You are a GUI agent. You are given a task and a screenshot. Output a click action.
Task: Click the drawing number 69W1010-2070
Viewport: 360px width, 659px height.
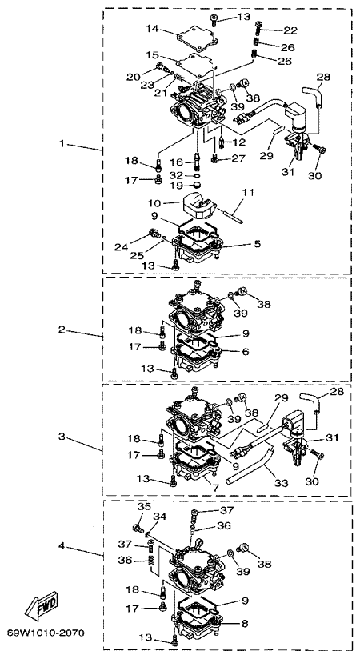click(46, 632)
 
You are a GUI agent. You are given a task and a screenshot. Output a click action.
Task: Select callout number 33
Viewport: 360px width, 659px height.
click(282, 483)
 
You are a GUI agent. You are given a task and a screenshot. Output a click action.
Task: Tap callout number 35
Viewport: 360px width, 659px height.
click(144, 507)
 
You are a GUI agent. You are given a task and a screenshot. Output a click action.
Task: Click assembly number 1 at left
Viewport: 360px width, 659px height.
click(62, 144)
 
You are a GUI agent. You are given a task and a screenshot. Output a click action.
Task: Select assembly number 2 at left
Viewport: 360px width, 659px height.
click(62, 329)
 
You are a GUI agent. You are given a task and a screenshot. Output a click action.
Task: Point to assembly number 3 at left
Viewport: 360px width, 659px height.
click(62, 437)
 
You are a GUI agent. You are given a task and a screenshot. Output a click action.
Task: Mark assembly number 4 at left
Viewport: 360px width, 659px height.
click(62, 546)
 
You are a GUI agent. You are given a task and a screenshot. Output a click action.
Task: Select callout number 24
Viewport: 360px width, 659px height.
click(122, 247)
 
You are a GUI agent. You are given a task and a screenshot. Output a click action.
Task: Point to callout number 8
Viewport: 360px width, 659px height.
click(245, 624)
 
